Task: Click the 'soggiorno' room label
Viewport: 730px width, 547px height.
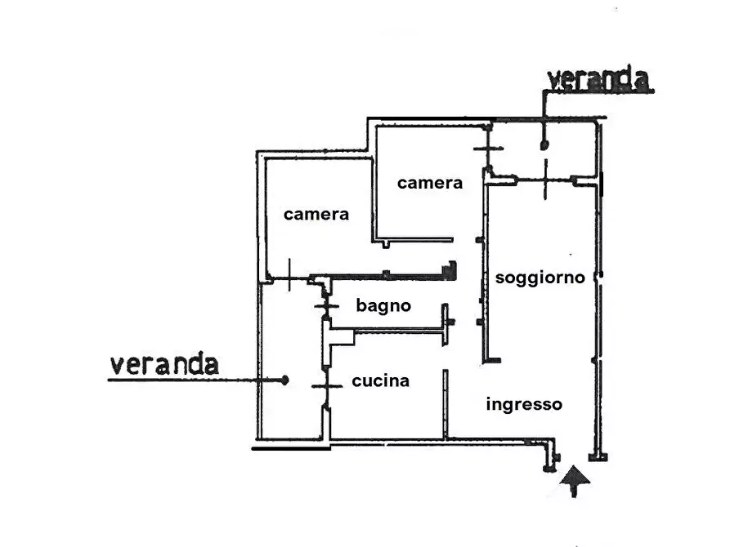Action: pyautogui.click(x=540, y=278)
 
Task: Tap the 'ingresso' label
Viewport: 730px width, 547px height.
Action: pyautogui.click(x=524, y=404)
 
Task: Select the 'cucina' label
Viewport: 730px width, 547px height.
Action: pyautogui.click(x=380, y=380)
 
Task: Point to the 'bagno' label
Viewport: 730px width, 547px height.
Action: pyautogui.click(x=383, y=306)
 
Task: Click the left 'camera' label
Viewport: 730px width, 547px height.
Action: pyautogui.click(x=316, y=214)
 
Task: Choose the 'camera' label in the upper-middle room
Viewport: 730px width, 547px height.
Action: pyautogui.click(x=429, y=183)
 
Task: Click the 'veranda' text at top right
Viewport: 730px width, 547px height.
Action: pyautogui.click(x=599, y=80)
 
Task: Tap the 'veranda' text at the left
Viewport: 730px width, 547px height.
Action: pyautogui.click(x=164, y=364)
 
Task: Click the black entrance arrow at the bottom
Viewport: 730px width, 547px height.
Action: pyautogui.click(x=577, y=481)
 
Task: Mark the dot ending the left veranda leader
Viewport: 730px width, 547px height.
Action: pyautogui.click(x=285, y=380)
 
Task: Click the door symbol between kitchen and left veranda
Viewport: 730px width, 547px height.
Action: pyautogui.click(x=325, y=385)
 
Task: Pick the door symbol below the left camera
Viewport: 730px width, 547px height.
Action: pyautogui.click(x=290, y=274)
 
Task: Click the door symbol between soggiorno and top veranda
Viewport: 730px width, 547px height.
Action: pyautogui.click(x=547, y=180)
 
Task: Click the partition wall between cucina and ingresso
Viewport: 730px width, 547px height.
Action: pyautogui.click(x=446, y=404)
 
